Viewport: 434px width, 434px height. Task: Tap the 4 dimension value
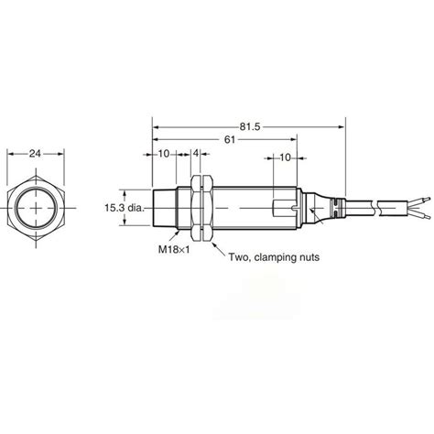[195, 154]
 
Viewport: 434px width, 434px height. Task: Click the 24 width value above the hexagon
[36, 155]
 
